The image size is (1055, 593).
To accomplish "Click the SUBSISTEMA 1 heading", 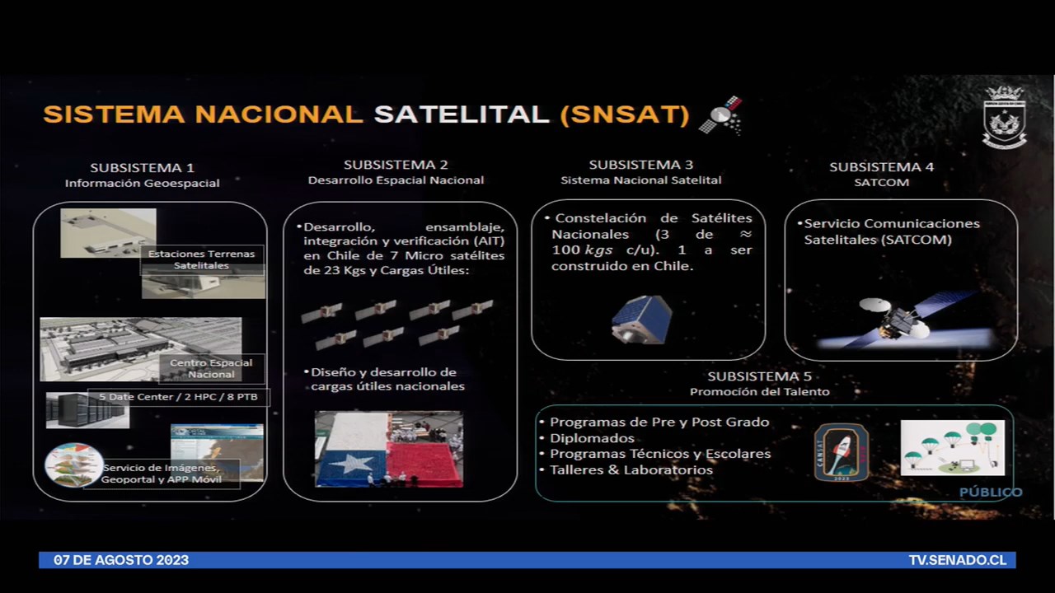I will tap(142, 168).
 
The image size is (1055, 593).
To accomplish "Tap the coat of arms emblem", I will tap(1004, 117).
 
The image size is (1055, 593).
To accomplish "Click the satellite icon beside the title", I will tap(720, 115).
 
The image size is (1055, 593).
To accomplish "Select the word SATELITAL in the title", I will tap(462, 114).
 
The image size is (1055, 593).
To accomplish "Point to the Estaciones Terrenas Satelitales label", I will tap(202, 259).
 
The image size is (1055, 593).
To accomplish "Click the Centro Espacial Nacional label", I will tap(212, 368).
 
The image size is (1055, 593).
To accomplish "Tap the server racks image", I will tap(87, 410).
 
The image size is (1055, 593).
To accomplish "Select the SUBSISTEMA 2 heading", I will tap(396, 165).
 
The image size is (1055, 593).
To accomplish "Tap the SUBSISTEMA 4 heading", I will tap(881, 167).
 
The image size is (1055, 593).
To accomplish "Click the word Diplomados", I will tap(592, 438).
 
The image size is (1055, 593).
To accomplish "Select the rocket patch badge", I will tap(841, 452).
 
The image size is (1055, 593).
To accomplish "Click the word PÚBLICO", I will tap(990, 493).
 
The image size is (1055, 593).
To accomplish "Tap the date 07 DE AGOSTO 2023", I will tap(121, 560).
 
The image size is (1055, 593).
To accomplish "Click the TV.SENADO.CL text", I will tap(957, 560).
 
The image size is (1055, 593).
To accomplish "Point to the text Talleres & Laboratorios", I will tap(631, 469).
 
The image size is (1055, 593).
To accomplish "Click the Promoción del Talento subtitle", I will tap(759, 392).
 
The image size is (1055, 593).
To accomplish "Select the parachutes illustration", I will tap(952, 447).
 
